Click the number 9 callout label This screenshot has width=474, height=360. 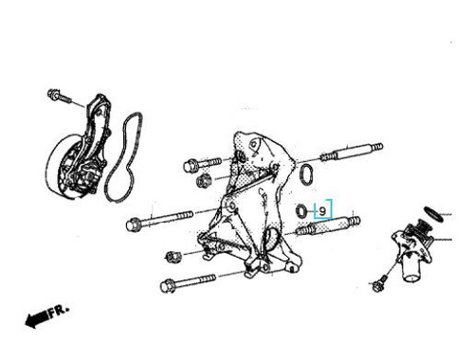click(x=322, y=211)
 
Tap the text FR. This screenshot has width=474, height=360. click(x=59, y=311)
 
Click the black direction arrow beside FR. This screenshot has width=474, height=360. click(x=37, y=319)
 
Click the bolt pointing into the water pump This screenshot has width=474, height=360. click(x=60, y=96)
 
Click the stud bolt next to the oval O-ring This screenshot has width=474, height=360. click(x=352, y=153)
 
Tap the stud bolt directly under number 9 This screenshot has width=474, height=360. click(x=328, y=225)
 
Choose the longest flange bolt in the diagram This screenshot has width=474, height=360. click(x=159, y=220)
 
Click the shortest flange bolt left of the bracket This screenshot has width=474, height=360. click(x=202, y=164)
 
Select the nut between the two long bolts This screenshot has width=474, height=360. click(x=173, y=256)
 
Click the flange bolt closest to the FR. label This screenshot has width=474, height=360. click(x=188, y=282)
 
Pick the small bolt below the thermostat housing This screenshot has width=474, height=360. click(x=379, y=283)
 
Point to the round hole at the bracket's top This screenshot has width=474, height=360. click(x=253, y=145)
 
